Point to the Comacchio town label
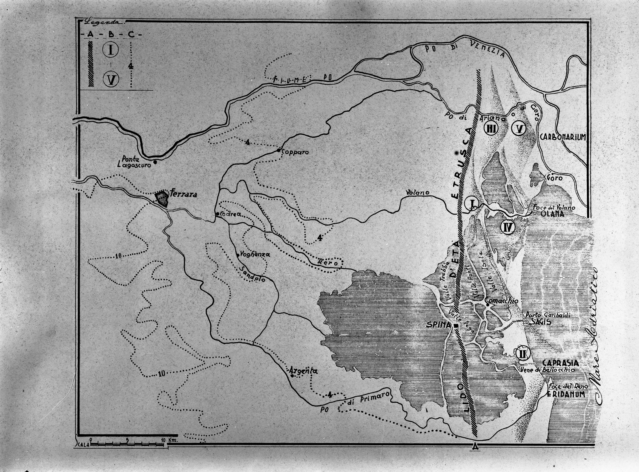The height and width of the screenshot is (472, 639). (502, 301)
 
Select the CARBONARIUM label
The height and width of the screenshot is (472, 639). (563, 137)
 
